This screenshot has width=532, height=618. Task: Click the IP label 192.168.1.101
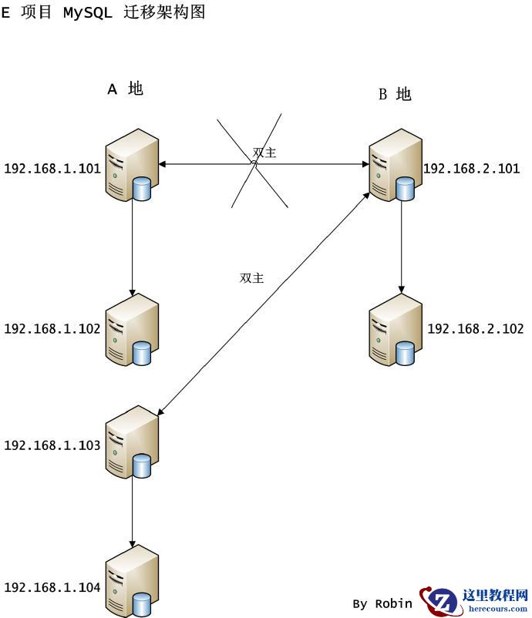tap(52, 166)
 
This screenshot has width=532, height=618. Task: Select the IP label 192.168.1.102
tap(52, 329)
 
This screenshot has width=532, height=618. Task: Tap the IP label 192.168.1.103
tap(52, 445)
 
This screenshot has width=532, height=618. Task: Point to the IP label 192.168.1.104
tap(52, 588)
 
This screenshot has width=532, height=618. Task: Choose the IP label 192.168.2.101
tap(472, 169)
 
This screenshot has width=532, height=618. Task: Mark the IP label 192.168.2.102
tap(476, 329)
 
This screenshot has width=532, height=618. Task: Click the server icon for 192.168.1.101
tap(132, 166)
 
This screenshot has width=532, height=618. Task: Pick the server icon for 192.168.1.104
tap(132, 581)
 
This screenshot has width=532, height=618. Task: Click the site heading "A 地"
tap(125, 89)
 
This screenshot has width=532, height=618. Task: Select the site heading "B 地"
tap(395, 95)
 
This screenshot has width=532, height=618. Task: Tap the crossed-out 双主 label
tap(264, 153)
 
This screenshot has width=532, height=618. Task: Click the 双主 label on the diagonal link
tap(251, 278)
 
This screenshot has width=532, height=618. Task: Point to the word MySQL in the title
tap(88, 12)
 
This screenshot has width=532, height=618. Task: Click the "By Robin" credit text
tap(382, 603)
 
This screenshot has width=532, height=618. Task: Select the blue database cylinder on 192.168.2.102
tap(405, 352)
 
